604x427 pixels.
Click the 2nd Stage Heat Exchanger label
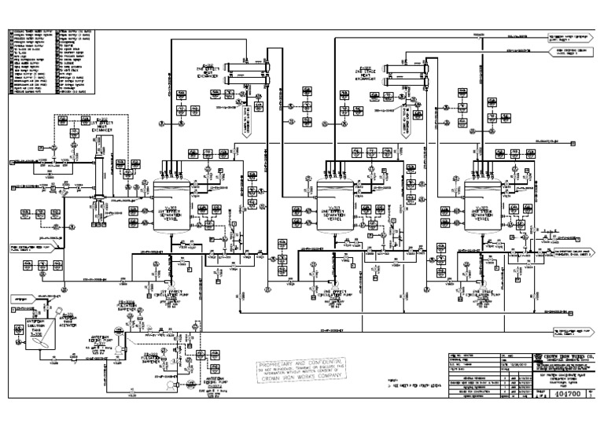click(x=385, y=75)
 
